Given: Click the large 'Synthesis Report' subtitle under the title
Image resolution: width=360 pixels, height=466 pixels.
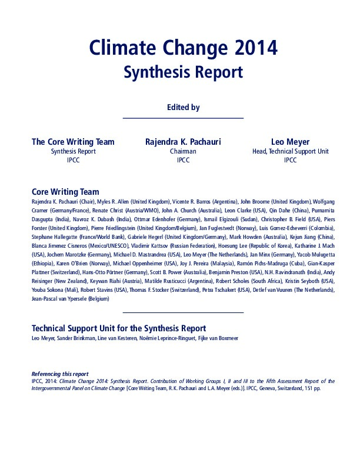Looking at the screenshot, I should (183, 72).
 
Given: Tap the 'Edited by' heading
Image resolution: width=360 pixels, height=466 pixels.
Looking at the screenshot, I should (183, 108).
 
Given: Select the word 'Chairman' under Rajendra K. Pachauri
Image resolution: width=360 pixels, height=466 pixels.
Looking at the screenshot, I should (182, 151).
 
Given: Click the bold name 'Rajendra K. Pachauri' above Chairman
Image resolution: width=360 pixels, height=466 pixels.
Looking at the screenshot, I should (182, 142).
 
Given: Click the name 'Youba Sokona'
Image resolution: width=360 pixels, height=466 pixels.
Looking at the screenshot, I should (45, 291).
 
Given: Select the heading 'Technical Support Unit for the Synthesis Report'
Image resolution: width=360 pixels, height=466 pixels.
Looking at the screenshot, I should (118, 328).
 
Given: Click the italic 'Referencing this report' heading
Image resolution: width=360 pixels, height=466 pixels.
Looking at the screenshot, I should (59, 374).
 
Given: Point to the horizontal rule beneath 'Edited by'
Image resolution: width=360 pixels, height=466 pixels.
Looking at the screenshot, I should (183, 118).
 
